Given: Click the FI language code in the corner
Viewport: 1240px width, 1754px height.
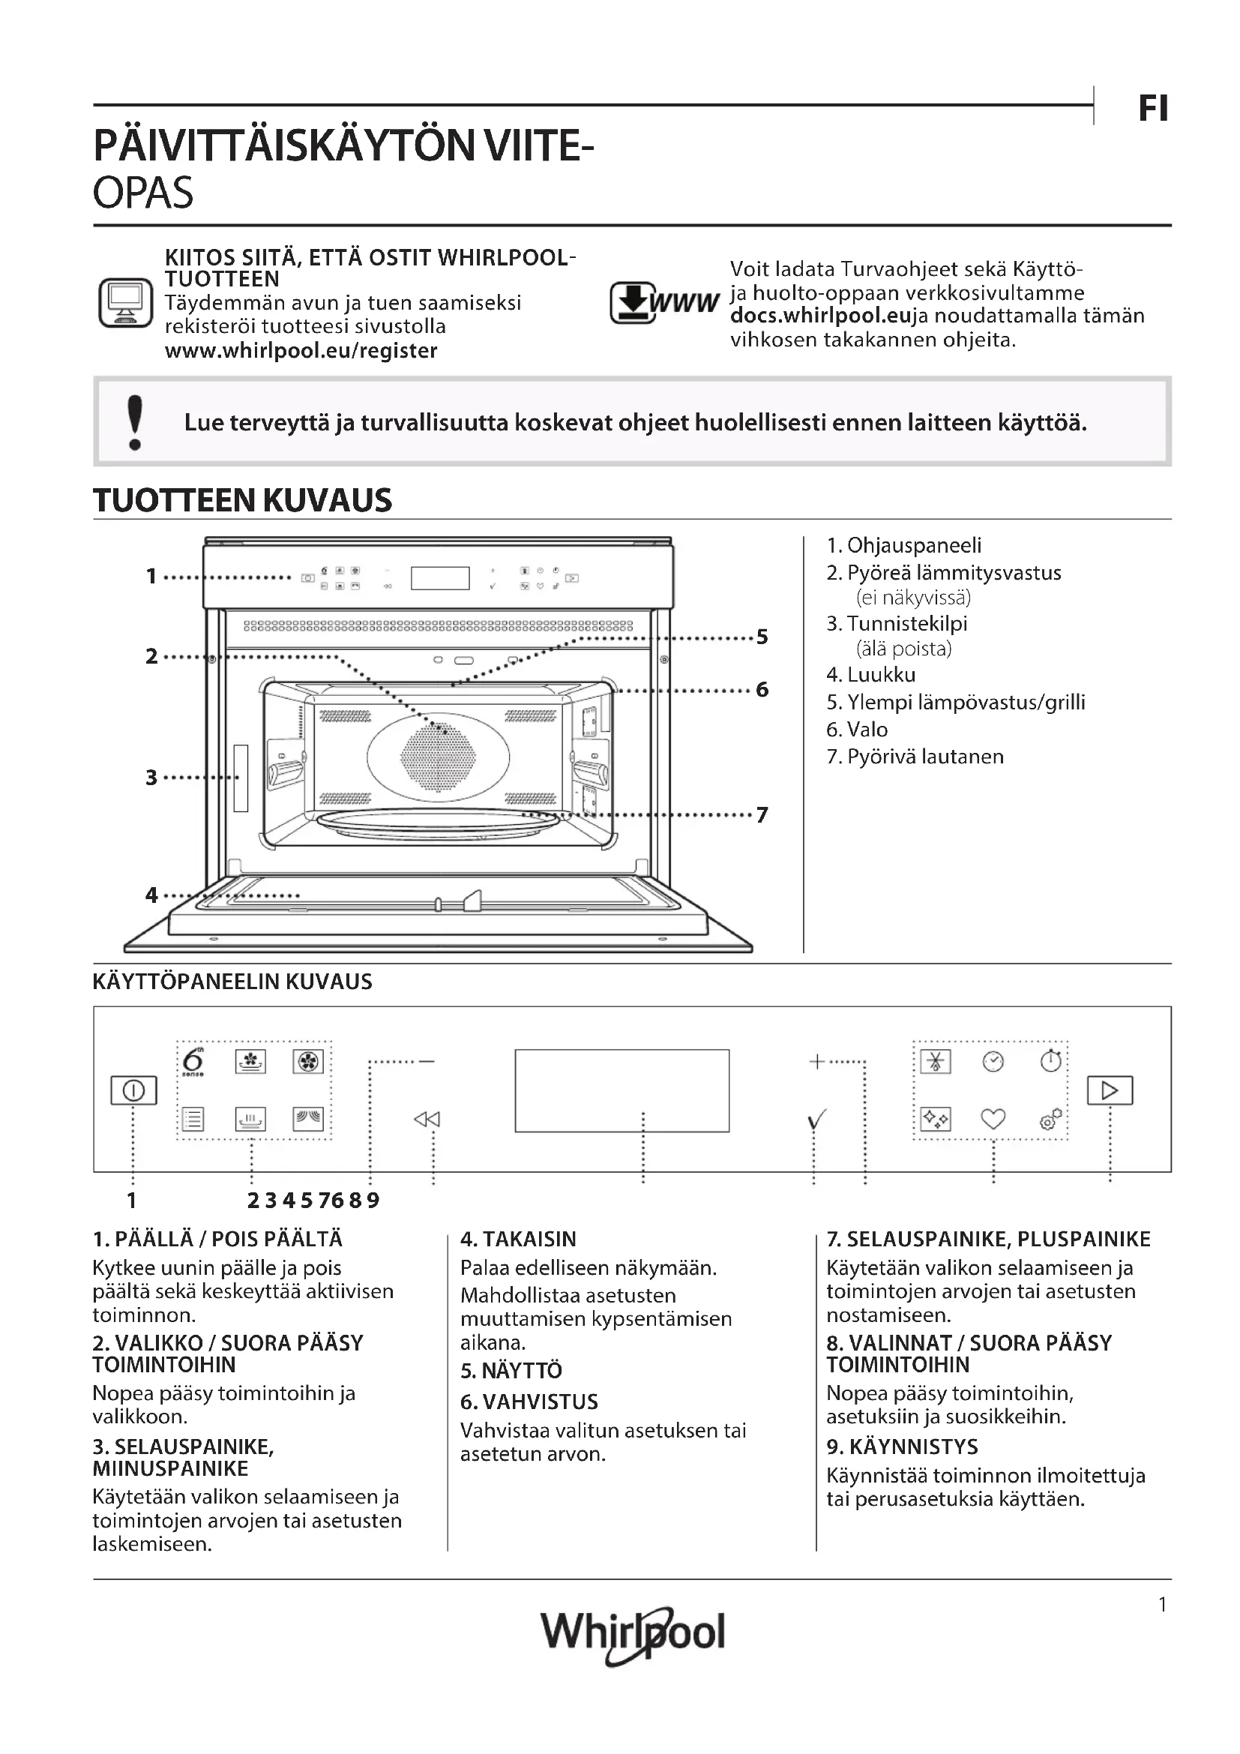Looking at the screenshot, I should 1152,109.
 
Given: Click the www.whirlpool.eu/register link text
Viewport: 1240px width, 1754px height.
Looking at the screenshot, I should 301,351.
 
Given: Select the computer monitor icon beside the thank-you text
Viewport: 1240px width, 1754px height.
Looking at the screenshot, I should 125,302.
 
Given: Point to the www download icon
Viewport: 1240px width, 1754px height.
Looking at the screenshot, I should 663,302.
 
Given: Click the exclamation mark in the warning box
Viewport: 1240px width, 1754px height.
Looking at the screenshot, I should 135,421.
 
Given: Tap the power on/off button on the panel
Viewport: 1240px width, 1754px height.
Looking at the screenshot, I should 133,1090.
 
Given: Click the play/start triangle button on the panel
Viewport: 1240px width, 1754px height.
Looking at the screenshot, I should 1110,1090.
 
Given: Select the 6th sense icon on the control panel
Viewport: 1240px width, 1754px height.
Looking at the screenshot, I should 194,1061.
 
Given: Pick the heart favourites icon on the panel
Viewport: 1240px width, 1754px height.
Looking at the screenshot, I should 993,1119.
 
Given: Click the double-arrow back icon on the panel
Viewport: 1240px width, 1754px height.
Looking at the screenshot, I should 427,1119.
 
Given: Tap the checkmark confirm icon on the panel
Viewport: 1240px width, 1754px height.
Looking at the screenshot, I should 816,1120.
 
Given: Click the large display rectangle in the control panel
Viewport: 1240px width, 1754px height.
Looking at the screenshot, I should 621,1090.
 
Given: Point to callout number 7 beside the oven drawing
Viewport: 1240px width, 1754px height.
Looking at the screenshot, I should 761,814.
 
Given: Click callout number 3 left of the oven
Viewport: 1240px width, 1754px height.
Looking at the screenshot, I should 151,778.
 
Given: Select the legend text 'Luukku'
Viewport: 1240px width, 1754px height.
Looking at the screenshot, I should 880,675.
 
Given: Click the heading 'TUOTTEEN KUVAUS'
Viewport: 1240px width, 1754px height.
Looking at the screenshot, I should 242,500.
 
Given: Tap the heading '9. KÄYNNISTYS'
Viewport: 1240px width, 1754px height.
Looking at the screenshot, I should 902,1446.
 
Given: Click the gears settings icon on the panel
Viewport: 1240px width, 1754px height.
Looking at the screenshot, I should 1050,1119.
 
